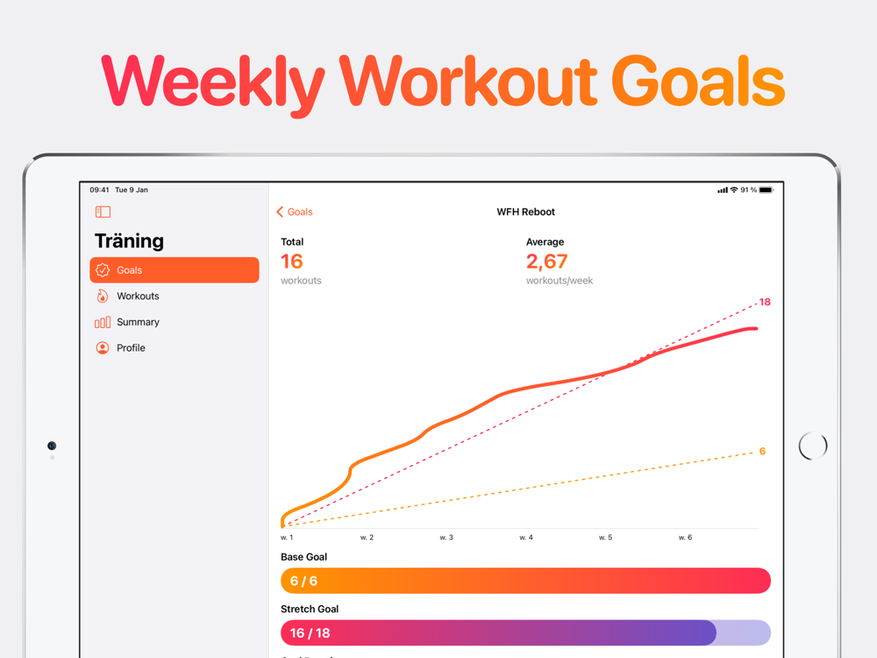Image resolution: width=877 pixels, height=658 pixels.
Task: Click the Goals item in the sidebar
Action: pos(175,270)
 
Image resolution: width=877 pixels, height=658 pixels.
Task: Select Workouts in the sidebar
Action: pos(138,297)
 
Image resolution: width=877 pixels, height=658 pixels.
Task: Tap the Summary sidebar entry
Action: pos(138,322)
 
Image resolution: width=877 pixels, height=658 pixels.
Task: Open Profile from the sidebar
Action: pos(131,348)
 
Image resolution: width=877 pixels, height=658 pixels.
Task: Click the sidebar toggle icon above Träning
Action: pos(103,211)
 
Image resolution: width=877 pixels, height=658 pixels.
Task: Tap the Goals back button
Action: pos(295,212)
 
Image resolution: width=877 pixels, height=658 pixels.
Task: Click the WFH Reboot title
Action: pos(525,212)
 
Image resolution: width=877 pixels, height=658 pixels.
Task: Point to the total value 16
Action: pos(292,261)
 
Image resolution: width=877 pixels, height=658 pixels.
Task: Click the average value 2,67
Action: pos(546,261)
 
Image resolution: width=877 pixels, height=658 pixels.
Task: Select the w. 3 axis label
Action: pos(446,537)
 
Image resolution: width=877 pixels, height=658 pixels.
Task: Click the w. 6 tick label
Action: pos(685,537)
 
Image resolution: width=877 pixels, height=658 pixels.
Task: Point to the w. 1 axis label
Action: pos(287,537)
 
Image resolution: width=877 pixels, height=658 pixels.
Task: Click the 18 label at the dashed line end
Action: pos(765,302)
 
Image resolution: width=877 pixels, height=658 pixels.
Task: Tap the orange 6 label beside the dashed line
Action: pos(762,452)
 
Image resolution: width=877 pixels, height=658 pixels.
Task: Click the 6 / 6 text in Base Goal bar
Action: pos(303,581)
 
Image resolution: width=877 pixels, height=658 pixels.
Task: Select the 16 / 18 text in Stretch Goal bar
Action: pos(310,633)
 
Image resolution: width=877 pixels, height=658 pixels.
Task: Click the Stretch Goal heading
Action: pos(310,609)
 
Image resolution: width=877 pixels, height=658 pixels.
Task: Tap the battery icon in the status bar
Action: pos(766,190)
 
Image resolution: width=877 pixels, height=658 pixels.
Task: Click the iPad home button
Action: pos(813,446)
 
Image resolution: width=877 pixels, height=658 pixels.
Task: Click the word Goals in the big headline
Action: pos(697,83)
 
